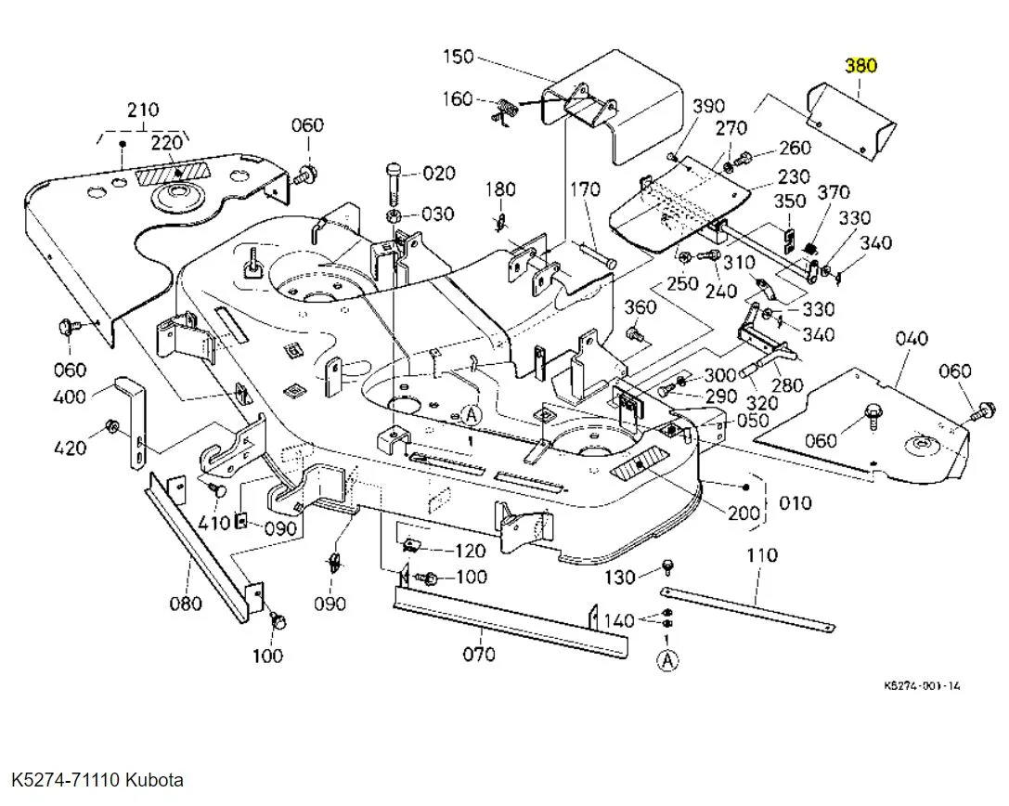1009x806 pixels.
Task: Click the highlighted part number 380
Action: click(860, 67)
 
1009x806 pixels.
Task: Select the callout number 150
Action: click(458, 57)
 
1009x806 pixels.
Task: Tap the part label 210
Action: click(142, 110)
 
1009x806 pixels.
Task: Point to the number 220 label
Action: click(167, 142)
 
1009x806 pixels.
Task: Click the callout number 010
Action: click(795, 502)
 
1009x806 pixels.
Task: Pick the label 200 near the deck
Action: click(743, 513)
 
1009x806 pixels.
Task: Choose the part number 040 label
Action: click(912, 339)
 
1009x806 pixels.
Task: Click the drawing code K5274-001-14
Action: click(922, 686)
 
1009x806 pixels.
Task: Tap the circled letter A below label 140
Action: click(667, 660)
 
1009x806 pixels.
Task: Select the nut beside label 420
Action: click(110, 427)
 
